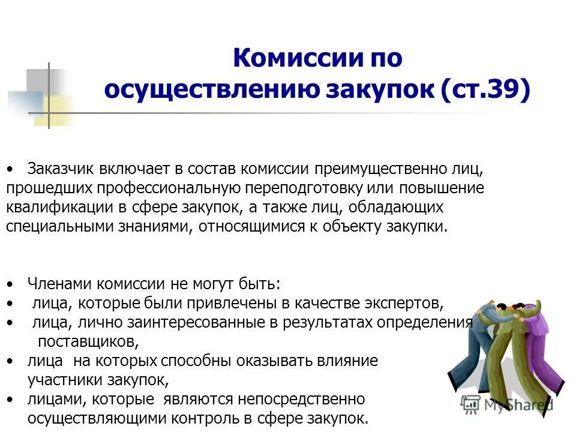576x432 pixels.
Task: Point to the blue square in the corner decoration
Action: pos(24,102)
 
